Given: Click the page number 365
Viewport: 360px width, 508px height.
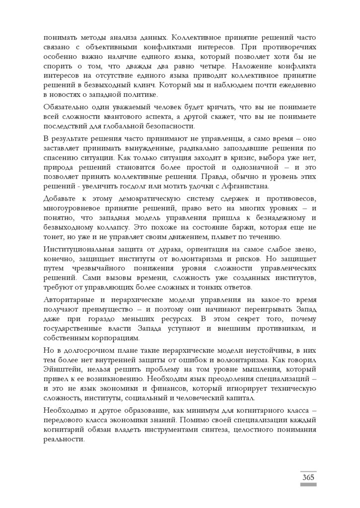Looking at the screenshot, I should (x=308, y=477).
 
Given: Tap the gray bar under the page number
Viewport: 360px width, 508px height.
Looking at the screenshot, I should (x=308, y=484).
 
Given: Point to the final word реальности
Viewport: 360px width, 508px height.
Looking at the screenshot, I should (x=64, y=440).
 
